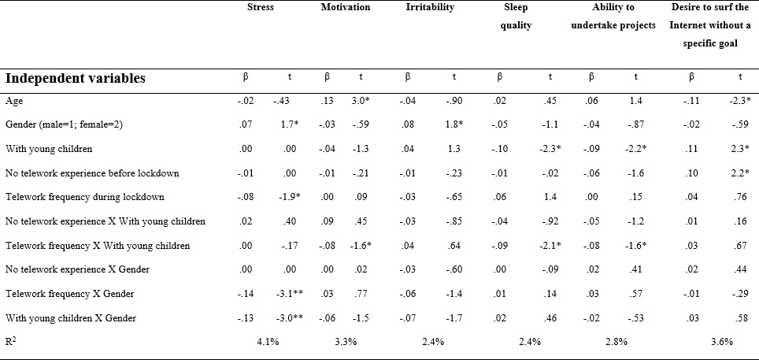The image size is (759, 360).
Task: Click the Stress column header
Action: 261,7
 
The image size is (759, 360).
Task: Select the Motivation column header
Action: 345,7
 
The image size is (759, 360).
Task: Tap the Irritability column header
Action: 431,7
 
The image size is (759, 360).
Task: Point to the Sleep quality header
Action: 516,17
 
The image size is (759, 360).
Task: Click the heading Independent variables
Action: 76,79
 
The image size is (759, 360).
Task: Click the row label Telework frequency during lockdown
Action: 85,197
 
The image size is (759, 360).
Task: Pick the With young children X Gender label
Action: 71,318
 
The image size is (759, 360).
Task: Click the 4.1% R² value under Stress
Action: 268,342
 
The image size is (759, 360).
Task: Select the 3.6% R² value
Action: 721,342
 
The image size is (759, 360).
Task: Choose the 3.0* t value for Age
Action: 360,100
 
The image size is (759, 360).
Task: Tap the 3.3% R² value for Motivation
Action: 346,342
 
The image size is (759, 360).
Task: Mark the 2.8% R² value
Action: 616,342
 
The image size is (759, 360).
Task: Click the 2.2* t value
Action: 739,173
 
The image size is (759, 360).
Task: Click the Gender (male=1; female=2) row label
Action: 64,125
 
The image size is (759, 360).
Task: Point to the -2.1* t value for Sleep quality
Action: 550,246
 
